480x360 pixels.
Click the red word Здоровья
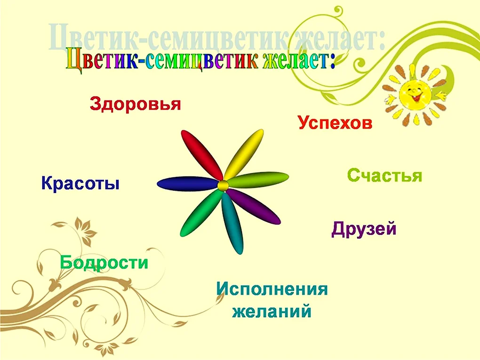[x=136, y=104]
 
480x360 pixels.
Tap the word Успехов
[x=335, y=122]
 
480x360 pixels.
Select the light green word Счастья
[x=385, y=176]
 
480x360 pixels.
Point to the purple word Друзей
[x=364, y=229]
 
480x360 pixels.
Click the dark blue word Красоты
[x=80, y=183]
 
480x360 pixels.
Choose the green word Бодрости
[x=104, y=262]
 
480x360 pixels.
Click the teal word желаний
[x=272, y=312]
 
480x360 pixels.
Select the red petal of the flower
[x=201, y=155]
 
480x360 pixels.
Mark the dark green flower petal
[x=200, y=213]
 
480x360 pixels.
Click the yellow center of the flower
[x=223, y=185]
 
